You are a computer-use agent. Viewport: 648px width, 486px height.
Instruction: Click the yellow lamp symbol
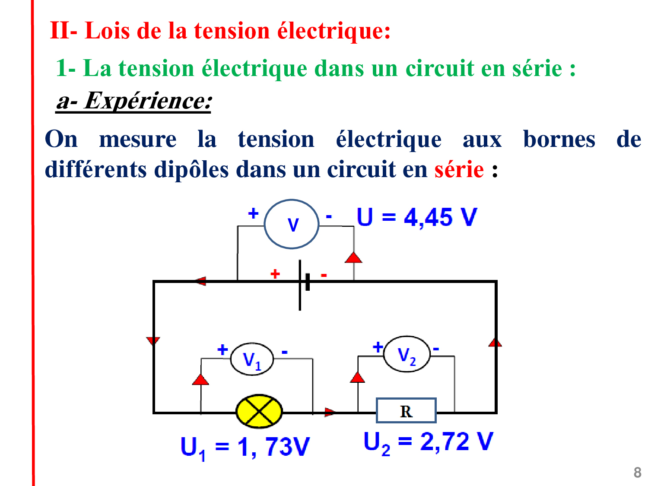pyautogui.click(x=259, y=411)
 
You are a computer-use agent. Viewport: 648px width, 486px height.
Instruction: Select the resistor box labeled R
pyautogui.click(x=406, y=411)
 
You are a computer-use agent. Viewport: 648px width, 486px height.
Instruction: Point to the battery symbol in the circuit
pyautogui.click(x=304, y=285)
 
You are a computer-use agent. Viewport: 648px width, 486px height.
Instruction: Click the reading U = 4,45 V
pyautogui.click(x=416, y=217)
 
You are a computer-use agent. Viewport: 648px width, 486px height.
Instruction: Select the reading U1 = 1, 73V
pyautogui.click(x=245, y=448)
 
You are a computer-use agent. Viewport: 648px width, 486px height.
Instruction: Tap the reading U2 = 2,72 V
pyautogui.click(x=428, y=443)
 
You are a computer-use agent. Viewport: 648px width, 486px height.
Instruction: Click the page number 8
pyautogui.click(x=637, y=473)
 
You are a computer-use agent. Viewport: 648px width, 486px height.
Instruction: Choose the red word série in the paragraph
pyautogui.click(x=459, y=169)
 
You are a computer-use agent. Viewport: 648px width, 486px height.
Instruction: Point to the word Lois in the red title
pyautogui.click(x=107, y=31)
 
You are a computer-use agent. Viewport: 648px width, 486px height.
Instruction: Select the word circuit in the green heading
pyautogui.click(x=440, y=68)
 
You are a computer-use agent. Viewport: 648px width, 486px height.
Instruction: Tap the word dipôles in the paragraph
pyautogui.click(x=191, y=170)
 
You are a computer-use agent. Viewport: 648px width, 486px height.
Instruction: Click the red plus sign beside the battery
pyautogui.click(x=275, y=274)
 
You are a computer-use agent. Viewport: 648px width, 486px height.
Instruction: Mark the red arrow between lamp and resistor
pyautogui.click(x=330, y=412)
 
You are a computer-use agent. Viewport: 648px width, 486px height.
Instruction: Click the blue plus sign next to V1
pyautogui.click(x=222, y=350)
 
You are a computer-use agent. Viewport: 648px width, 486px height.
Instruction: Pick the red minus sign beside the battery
pyautogui.click(x=324, y=275)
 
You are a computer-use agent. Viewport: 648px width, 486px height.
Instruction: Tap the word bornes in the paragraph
pyautogui.click(x=559, y=139)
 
